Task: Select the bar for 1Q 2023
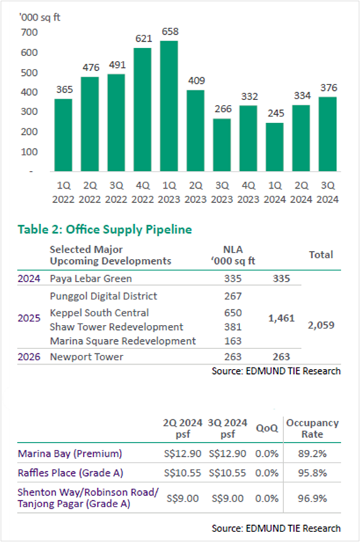point(169,106)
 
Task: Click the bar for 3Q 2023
point(222,145)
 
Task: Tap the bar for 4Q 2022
point(143,109)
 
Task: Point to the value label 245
point(276,114)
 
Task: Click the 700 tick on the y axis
point(29,33)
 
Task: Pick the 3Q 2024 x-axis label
point(327,192)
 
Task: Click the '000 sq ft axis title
point(40,17)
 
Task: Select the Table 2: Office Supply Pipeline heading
point(105,230)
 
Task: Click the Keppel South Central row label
point(99,313)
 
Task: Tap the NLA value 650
point(233,313)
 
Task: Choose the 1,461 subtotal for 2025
point(281,319)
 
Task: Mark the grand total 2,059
point(321,325)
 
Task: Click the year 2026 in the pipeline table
point(29,357)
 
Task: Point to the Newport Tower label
point(87,357)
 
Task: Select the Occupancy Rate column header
point(312,428)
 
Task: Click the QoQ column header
point(267,428)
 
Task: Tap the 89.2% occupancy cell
point(312,453)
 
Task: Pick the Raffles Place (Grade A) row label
point(70,473)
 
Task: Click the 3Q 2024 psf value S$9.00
point(227,499)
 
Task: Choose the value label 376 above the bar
point(329,88)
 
